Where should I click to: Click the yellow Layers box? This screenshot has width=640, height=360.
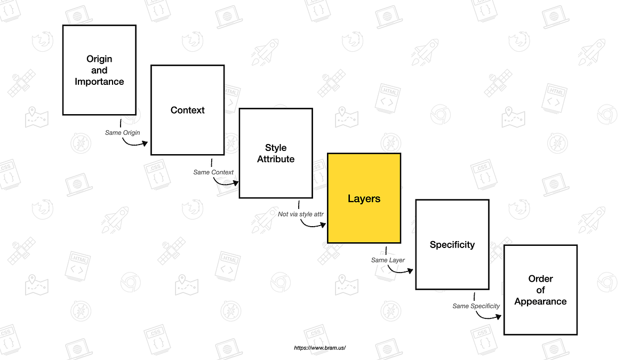click(x=364, y=198)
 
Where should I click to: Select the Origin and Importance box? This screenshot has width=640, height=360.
click(x=99, y=70)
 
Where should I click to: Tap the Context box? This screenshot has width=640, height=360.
click(x=187, y=110)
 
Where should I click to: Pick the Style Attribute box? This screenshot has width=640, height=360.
click(x=276, y=153)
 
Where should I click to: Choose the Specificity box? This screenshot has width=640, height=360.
click(x=452, y=244)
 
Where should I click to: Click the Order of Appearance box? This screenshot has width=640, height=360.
click(x=540, y=290)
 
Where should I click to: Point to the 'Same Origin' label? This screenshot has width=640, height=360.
click(x=123, y=132)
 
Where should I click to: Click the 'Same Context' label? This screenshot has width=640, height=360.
click(x=213, y=172)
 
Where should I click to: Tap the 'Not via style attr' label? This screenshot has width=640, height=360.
click(x=301, y=214)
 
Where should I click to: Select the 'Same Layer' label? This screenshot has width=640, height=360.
click(x=388, y=260)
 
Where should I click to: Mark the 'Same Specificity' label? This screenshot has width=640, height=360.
click(x=476, y=306)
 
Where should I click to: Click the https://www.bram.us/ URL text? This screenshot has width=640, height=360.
click(x=320, y=348)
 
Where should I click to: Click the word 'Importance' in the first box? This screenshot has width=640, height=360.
click(x=99, y=82)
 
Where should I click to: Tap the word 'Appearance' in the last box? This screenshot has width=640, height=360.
click(x=540, y=301)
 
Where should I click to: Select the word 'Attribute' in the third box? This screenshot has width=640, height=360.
click(x=276, y=159)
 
